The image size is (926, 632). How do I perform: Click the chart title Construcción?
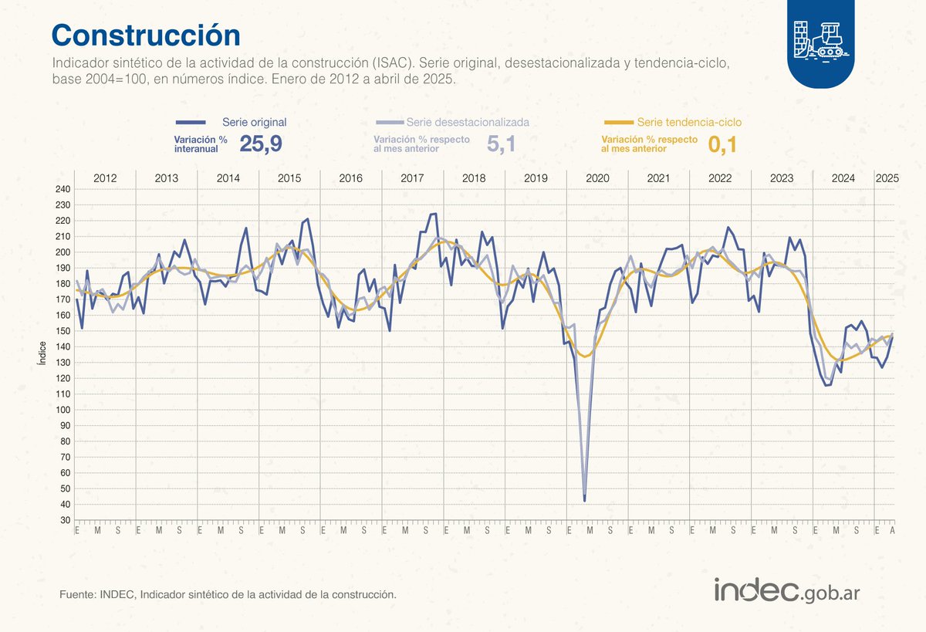coord(145,35)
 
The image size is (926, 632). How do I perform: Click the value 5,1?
coord(501,144)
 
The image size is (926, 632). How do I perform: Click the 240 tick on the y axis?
coord(63,189)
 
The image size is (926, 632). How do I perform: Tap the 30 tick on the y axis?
coord(65,520)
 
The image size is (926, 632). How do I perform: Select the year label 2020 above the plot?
coord(597,178)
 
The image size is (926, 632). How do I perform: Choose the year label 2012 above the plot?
coord(105,178)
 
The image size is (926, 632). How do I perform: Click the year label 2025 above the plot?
coord(887,178)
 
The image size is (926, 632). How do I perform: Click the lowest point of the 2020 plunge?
coord(584,501)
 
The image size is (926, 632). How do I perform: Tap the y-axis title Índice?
coord(42,355)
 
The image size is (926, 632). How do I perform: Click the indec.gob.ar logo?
coord(787,591)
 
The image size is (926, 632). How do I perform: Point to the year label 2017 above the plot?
coord(412,178)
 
